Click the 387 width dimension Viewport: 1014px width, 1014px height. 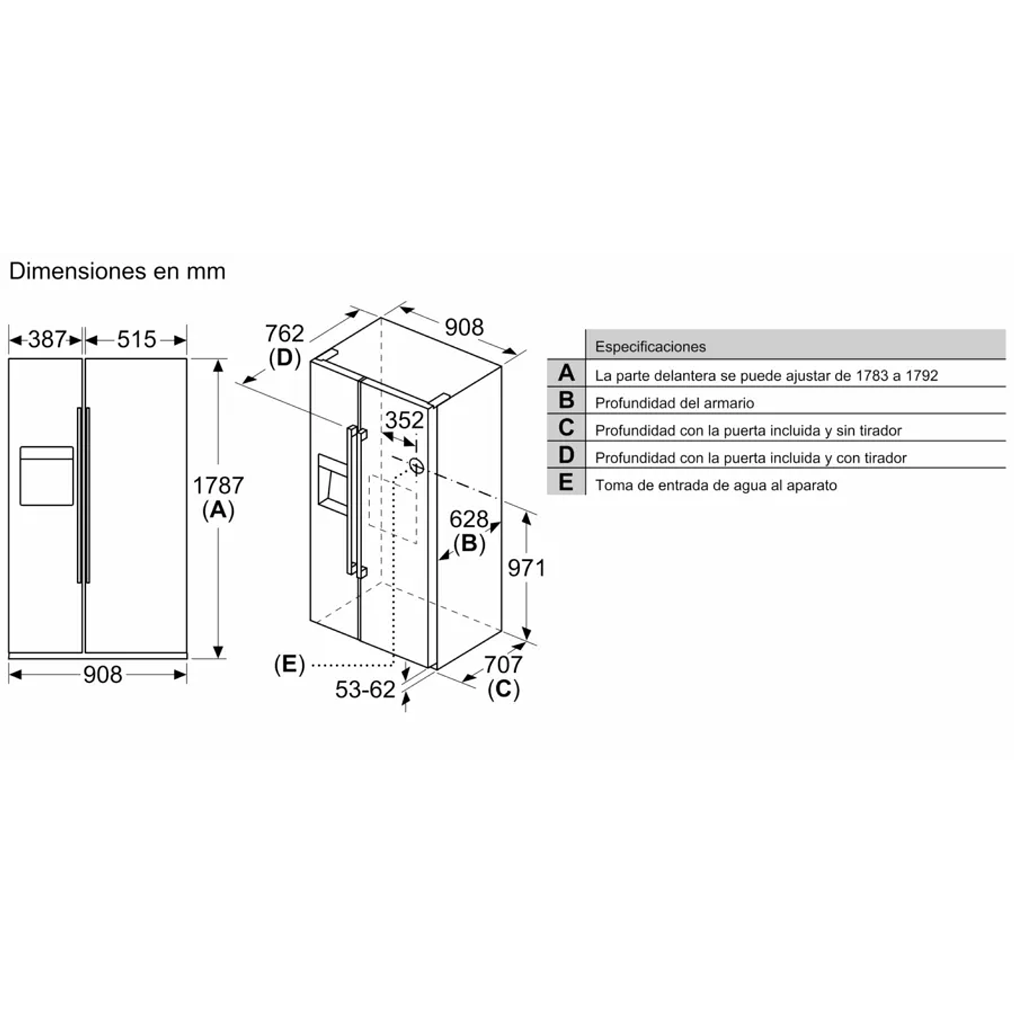pos(47,339)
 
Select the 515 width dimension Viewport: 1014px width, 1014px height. pos(136,339)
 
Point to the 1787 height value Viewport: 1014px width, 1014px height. pos(218,485)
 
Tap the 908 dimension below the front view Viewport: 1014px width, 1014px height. pos(102,674)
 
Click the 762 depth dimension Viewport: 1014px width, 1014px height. pos(284,333)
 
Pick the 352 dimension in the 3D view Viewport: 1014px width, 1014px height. pos(404,420)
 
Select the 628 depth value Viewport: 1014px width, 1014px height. pos(469,519)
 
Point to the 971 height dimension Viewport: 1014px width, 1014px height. pos(526,568)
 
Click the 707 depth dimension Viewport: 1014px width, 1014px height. pos(503,663)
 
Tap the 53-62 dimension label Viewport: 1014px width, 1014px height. pos(365,689)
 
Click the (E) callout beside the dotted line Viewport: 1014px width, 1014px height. pos(289,664)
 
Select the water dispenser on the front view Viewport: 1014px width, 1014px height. pos(46,476)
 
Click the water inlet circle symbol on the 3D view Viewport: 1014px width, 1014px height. pos(416,466)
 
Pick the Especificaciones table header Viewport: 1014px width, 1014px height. pos(651,346)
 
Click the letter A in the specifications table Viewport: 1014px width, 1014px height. pos(566,373)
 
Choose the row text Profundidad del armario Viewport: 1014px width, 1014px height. pos(674,403)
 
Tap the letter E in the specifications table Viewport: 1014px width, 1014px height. pos(566,482)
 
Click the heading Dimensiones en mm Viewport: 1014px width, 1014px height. pos(117,271)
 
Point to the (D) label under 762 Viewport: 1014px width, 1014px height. pos(284,358)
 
